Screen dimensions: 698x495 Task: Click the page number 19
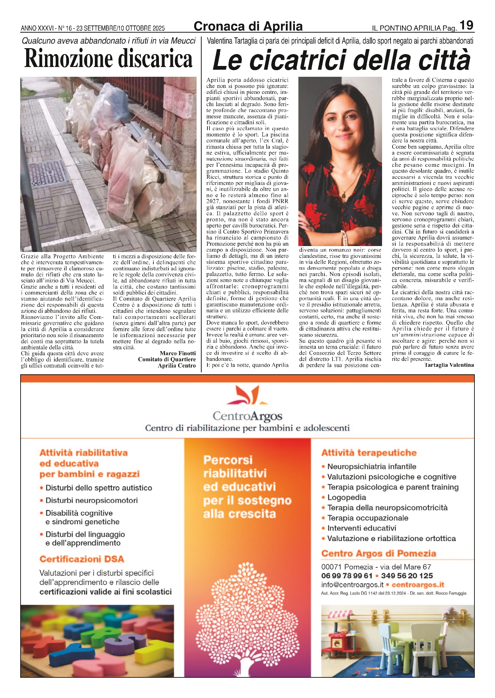pyautogui.click(x=466, y=25)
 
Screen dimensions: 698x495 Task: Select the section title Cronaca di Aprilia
pyautogui.click(x=248, y=27)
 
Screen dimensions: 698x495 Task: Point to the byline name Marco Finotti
pyautogui.click(x=178, y=353)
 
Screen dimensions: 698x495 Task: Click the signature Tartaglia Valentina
pyautogui.click(x=449, y=365)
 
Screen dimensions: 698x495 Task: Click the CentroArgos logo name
pyautogui.click(x=247, y=416)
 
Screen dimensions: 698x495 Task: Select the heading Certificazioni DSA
pyautogui.click(x=82, y=559)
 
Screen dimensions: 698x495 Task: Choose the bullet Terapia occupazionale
pyautogui.click(x=367, y=518)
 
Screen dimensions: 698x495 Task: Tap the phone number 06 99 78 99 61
pyautogui.click(x=346, y=576)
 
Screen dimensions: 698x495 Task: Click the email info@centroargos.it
pyautogui.click(x=352, y=585)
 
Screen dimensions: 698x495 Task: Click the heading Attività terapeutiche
pyautogui.click(x=369, y=453)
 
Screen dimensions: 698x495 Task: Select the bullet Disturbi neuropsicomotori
pyautogui.click(x=91, y=500)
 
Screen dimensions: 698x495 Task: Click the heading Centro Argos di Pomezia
pyautogui.click(x=379, y=554)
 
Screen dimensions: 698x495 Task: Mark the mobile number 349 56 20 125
pyautogui.click(x=407, y=576)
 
